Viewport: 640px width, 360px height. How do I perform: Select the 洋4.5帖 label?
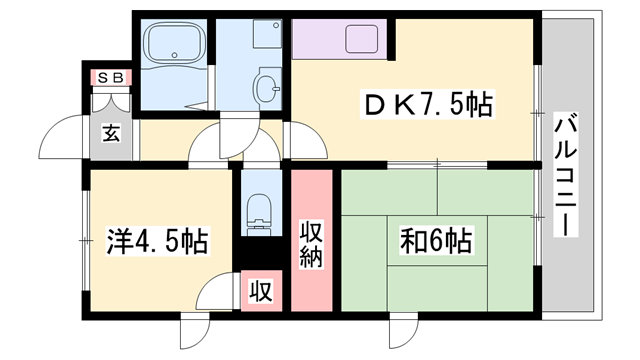pyautogui.click(x=158, y=241)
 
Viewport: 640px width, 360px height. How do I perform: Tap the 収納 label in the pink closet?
pyautogui.click(x=311, y=242)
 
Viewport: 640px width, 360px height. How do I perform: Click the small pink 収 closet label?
pyautogui.click(x=261, y=291)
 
